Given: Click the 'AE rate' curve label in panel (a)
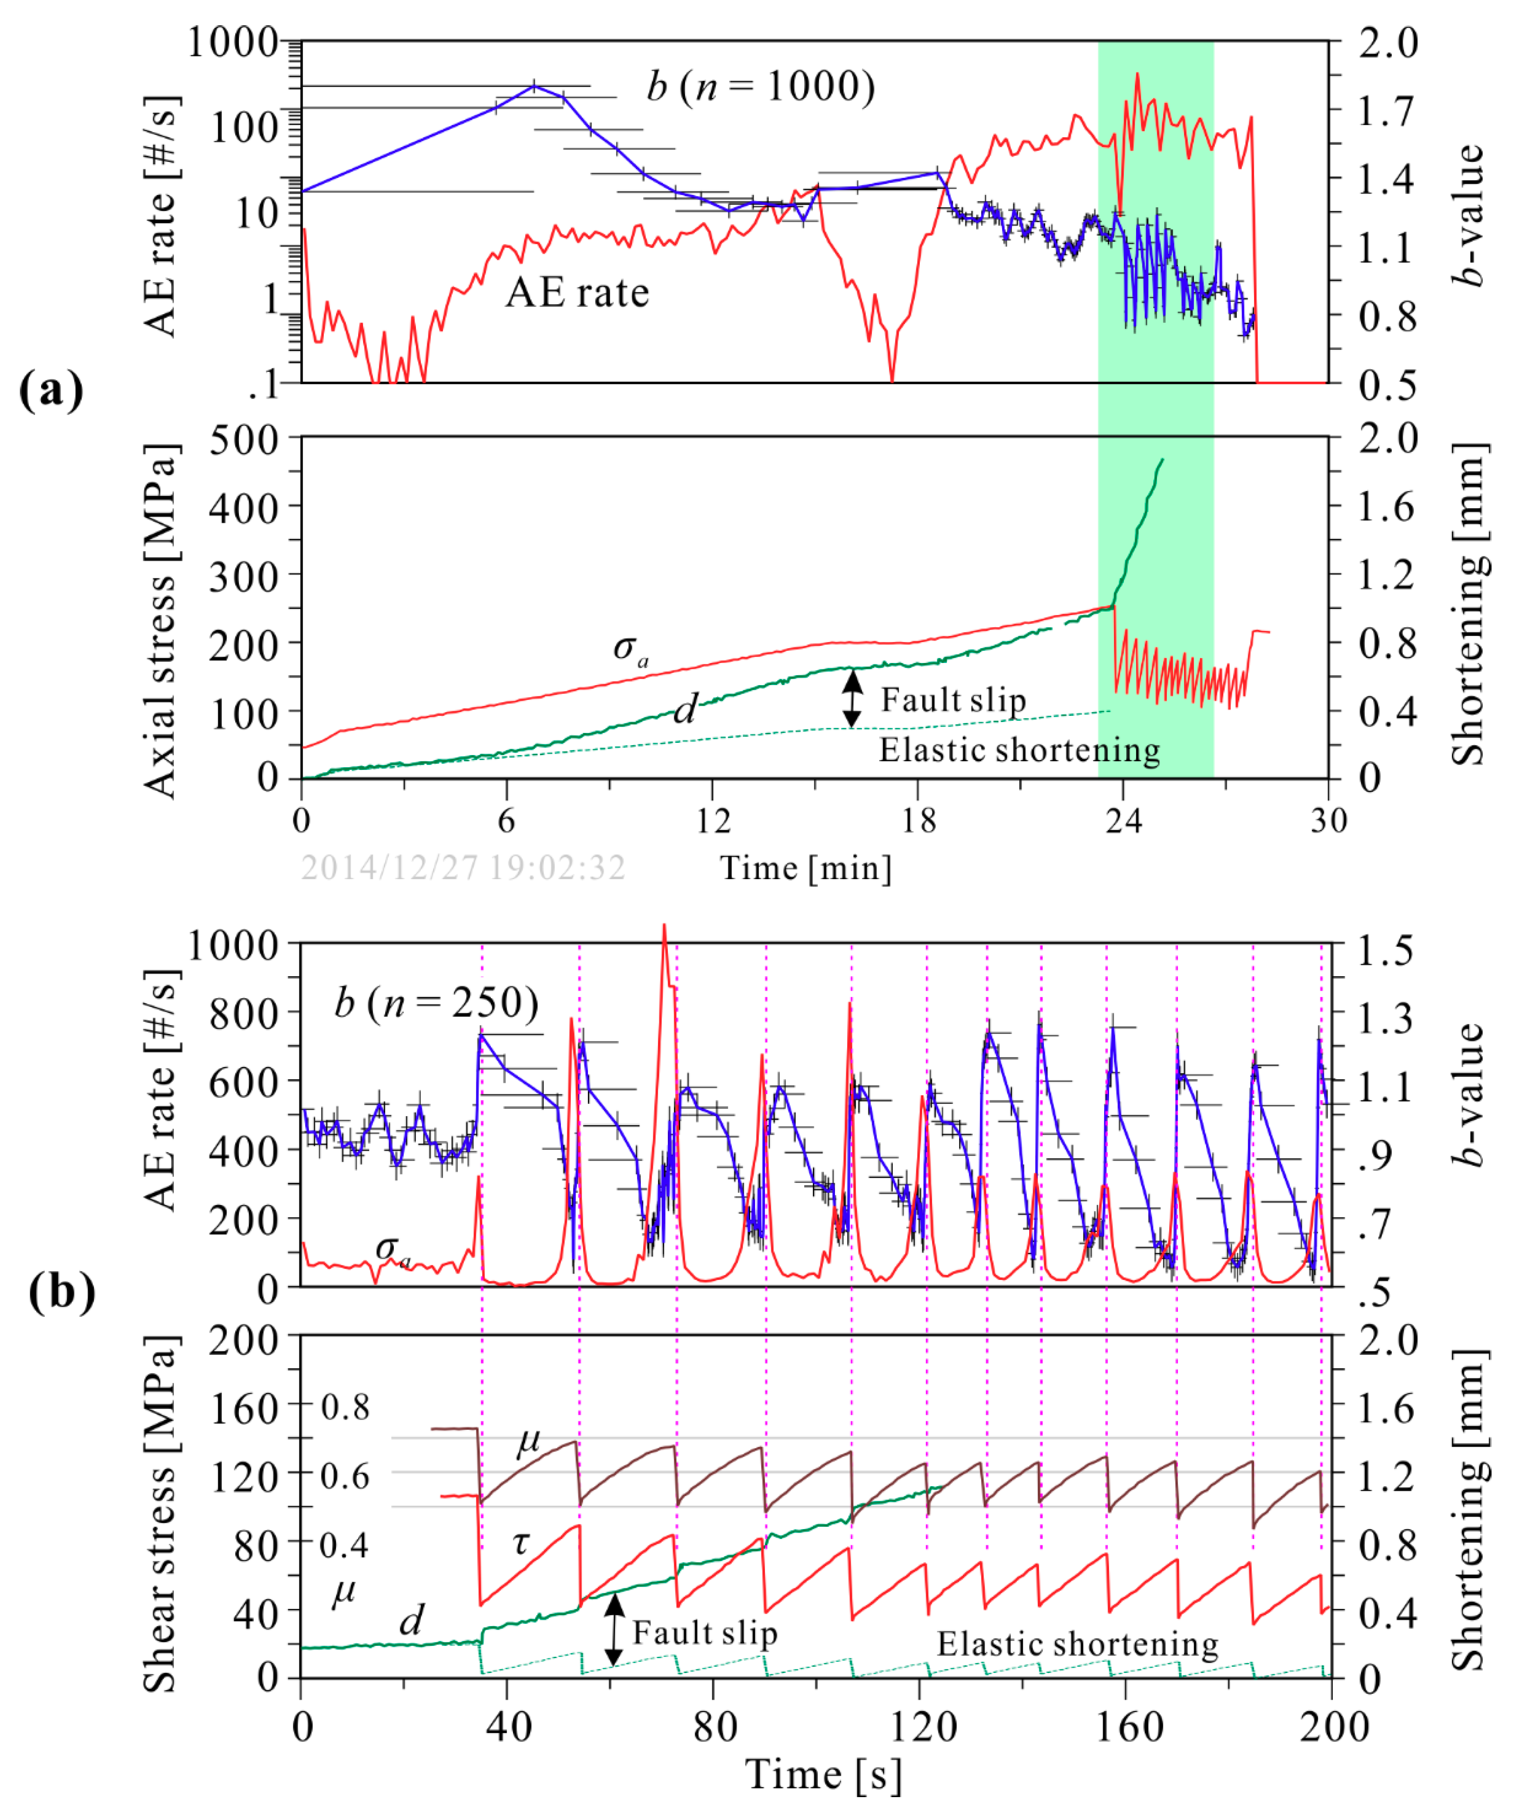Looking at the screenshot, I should point(577,292).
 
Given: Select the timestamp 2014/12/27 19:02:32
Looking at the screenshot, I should point(463,867).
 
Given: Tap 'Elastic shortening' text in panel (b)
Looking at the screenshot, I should point(1077,1644).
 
